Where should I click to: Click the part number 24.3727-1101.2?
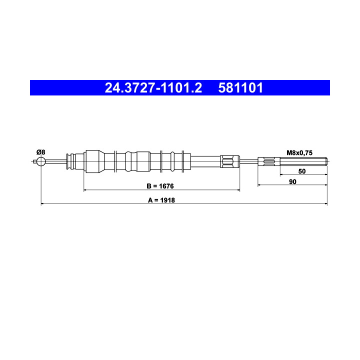click(153, 88)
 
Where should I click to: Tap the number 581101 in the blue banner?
click(240, 88)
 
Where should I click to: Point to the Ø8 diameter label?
click(41, 152)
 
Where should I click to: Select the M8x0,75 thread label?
click(299, 153)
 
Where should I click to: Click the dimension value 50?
click(302, 171)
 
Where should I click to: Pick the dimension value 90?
click(292, 182)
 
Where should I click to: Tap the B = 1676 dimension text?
click(160, 186)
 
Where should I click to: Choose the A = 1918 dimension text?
click(161, 200)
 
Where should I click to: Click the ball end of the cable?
click(41, 161)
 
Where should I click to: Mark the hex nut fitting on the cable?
click(230, 161)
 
